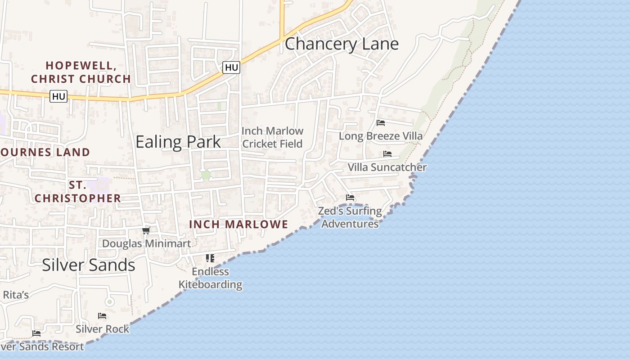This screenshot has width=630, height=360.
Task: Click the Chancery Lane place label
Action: [x=342, y=44]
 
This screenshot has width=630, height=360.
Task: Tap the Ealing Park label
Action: [x=178, y=142]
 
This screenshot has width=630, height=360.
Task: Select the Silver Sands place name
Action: [x=89, y=265]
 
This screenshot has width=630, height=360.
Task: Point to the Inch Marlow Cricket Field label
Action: [x=273, y=137]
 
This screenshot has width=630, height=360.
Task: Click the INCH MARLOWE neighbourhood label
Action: [x=238, y=224]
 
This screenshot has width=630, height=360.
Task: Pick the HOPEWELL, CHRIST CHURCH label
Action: [x=81, y=72]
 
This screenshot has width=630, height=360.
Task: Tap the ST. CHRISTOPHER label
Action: [x=78, y=192]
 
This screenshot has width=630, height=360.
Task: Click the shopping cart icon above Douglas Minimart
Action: [x=146, y=231]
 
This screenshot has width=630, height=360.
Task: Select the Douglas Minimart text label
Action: [x=147, y=243]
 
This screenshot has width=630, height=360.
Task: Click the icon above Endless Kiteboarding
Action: [x=210, y=258]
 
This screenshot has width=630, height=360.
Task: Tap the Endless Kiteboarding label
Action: [x=211, y=278]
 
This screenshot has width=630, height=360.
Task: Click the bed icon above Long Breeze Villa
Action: [x=381, y=123]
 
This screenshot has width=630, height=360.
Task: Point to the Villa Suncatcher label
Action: [x=387, y=167]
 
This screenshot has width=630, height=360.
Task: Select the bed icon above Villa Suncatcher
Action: [x=387, y=154]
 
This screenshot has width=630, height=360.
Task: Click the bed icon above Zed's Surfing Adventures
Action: [x=350, y=198]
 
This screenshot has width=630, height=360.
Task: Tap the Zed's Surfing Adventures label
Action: [x=350, y=217]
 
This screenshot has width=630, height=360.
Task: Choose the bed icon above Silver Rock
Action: [x=102, y=316]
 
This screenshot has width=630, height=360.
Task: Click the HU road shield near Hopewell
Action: [x=58, y=96]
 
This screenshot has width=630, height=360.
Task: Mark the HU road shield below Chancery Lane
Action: [x=231, y=67]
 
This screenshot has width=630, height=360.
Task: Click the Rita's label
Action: [x=16, y=295]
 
